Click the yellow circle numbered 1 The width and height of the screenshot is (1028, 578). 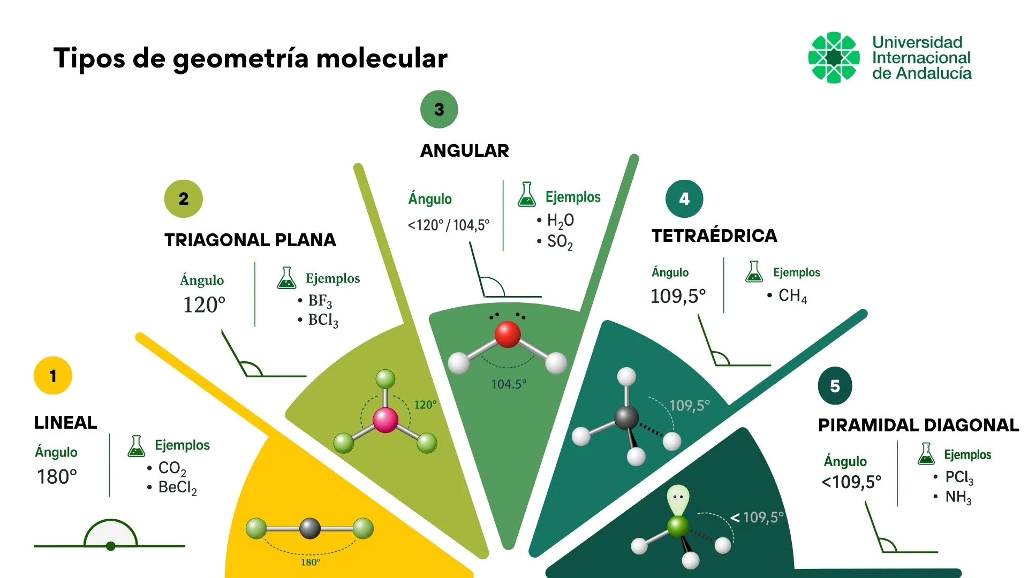(x=52, y=376)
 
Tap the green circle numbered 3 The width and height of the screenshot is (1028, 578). (x=439, y=109)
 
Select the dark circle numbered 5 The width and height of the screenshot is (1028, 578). (x=835, y=386)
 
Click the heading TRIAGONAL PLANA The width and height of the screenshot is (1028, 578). (x=250, y=240)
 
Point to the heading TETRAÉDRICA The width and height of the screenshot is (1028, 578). (x=714, y=235)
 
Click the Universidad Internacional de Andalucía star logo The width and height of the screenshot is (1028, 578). (x=834, y=57)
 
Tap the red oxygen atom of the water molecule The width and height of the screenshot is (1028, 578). (x=508, y=334)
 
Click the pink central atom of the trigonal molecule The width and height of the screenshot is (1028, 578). (x=385, y=420)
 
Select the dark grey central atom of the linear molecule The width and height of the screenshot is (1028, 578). (x=310, y=529)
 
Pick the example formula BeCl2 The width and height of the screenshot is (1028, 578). (x=178, y=488)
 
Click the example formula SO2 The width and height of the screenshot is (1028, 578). (x=560, y=242)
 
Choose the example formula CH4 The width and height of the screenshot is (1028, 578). (x=792, y=296)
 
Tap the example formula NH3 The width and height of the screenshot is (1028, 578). (x=958, y=497)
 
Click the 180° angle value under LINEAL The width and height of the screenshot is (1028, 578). (x=57, y=477)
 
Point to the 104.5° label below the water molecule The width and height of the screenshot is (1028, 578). (x=509, y=384)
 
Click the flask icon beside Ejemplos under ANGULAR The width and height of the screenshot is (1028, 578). (x=527, y=194)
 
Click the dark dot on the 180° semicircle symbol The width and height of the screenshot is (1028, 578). (x=110, y=546)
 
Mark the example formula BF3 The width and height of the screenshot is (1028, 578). (x=320, y=301)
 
